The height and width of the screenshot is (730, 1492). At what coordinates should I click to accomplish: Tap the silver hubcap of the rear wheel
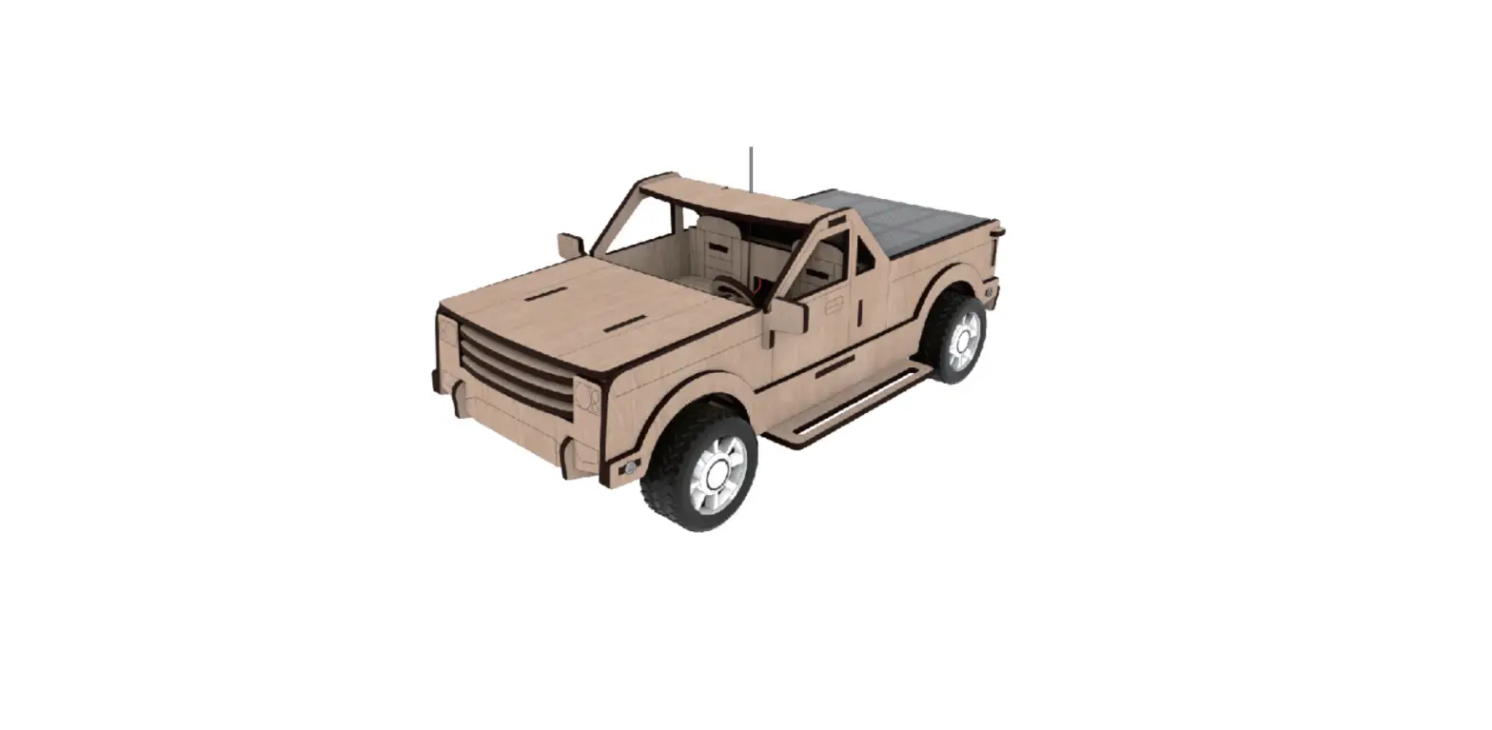962,338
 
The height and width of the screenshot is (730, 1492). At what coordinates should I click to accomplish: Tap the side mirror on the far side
570,245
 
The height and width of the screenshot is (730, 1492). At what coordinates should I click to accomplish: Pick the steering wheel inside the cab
732,287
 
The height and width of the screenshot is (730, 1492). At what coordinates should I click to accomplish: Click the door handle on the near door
834,305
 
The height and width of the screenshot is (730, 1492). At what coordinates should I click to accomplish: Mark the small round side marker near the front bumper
629,467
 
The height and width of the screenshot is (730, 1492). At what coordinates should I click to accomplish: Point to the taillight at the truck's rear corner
993,247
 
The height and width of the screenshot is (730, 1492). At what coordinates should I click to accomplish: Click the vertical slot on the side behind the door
858,310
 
